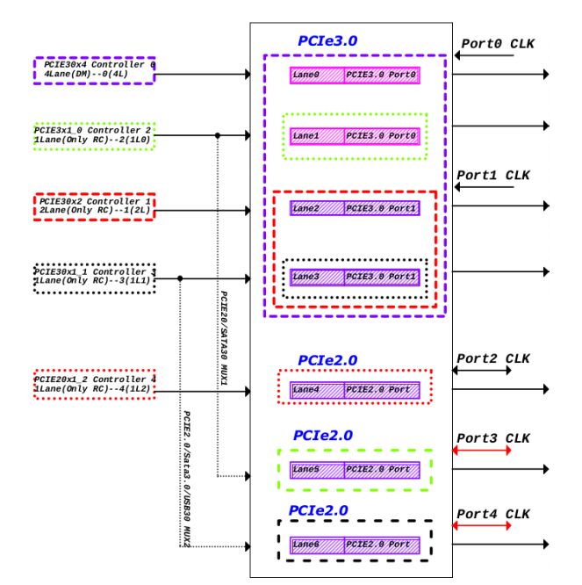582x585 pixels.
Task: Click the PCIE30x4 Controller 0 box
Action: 95,70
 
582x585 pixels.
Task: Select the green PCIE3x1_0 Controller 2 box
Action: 95,135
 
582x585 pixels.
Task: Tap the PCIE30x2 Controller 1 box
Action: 95,206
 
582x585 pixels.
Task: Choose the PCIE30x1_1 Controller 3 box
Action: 95,278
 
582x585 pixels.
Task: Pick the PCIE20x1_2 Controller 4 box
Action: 95,385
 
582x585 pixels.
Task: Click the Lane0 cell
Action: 317,76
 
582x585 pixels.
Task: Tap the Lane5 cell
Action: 317,470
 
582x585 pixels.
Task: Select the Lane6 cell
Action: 317,545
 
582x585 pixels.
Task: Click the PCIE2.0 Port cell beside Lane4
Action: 382,389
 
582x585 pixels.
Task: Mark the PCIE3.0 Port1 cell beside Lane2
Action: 382,208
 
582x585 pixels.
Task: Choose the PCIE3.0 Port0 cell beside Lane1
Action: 382,136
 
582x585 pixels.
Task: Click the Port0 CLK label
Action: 498,44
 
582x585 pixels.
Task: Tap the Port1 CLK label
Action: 493,175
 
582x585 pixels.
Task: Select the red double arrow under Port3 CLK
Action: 481,451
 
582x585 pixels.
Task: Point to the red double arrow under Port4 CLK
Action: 481,525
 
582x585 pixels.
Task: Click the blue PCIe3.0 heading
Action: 327,40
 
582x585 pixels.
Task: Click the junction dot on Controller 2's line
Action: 217,135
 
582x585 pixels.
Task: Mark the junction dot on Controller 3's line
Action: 180,278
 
